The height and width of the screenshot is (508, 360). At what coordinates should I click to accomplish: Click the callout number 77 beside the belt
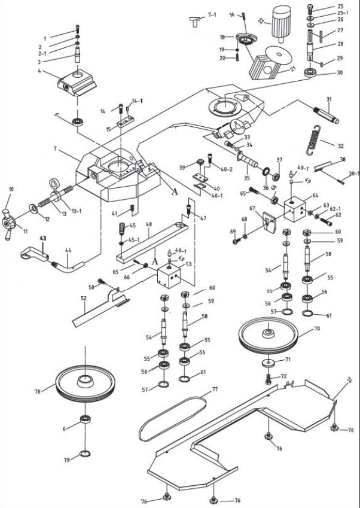[208, 389]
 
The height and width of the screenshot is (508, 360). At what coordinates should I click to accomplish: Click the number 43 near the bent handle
[42, 238]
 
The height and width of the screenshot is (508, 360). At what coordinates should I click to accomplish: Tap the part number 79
[68, 460]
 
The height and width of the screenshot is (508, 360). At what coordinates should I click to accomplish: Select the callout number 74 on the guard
[349, 381]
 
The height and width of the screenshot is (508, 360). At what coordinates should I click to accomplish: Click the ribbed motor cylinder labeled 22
[280, 25]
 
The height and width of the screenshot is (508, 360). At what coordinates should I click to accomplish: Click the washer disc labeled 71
[267, 366]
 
